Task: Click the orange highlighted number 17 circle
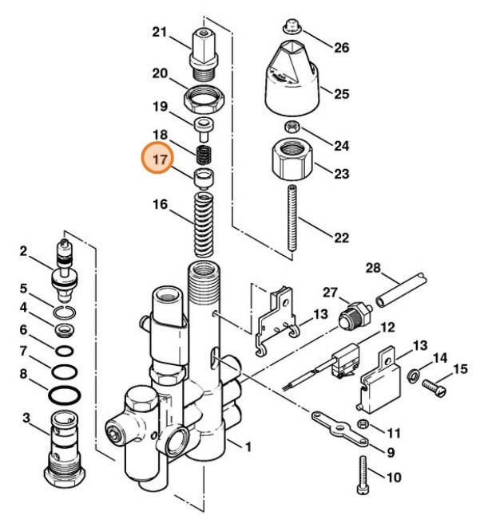pos(159,159)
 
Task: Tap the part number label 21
pos(160,33)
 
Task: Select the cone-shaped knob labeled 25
pos(292,79)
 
